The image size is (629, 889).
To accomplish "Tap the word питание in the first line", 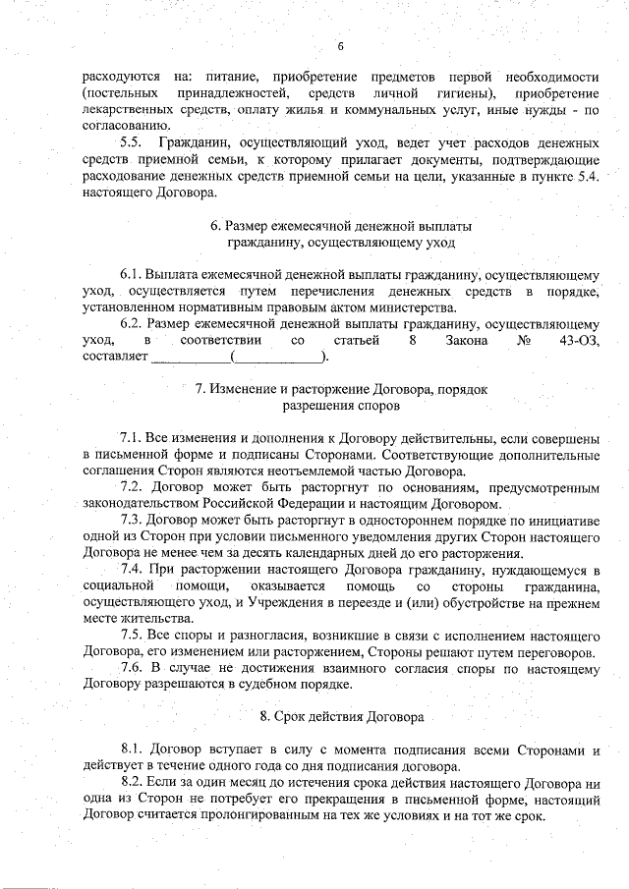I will [x=231, y=77].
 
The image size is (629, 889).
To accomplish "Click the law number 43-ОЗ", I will [x=576, y=340].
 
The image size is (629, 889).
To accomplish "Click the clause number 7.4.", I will [x=134, y=570].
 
